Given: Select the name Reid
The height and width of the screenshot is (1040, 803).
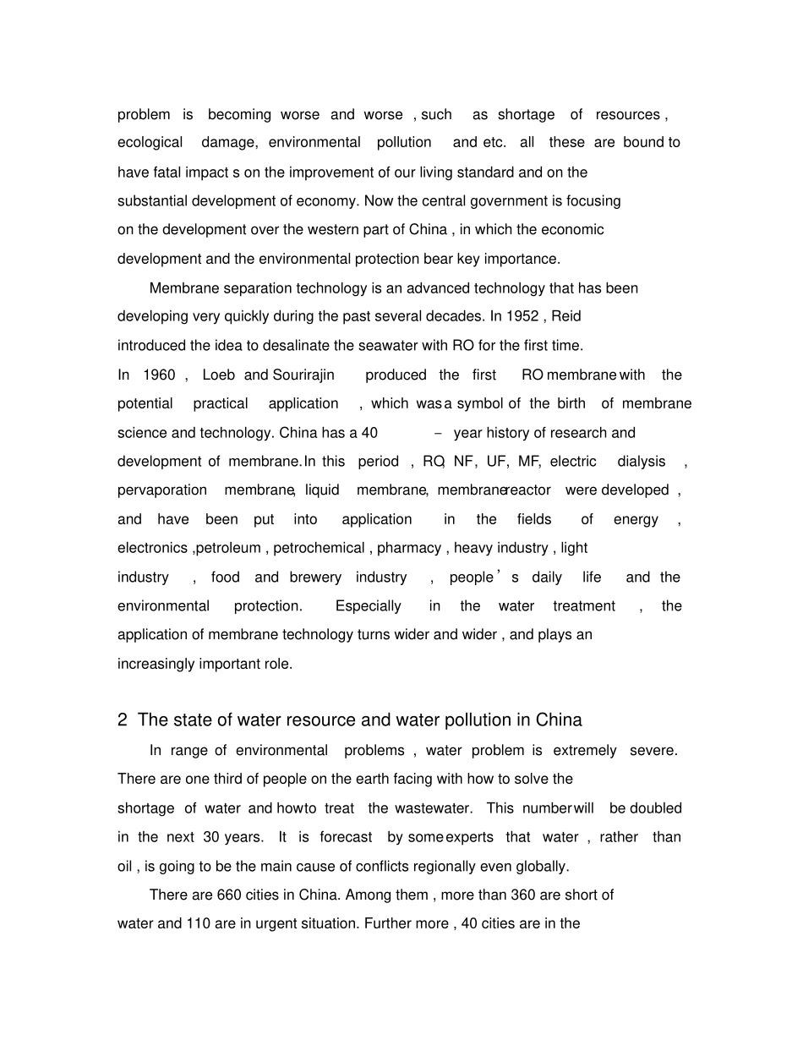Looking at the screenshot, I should [x=565, y=316].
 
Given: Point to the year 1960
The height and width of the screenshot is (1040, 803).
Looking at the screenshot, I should [x=159, y=375].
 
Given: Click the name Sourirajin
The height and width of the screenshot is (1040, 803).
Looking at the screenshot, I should [x=303, y=375].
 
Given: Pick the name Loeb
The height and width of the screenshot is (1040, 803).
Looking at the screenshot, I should [x=219, y=375].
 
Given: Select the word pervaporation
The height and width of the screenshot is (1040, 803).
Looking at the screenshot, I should [x=162, y=490].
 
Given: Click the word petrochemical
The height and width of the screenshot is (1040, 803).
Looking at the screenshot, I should [x=319, y=548].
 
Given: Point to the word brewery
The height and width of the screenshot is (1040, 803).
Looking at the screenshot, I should [x=315, y=577].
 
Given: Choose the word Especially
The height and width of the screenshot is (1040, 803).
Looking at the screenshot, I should [x=368, y=605].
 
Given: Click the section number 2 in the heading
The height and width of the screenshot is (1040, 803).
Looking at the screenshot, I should [x=123, y=720].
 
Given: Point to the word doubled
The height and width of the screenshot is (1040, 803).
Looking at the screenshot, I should [x=656, y=807].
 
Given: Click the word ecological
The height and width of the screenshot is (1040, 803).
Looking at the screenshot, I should [x=150, y=142].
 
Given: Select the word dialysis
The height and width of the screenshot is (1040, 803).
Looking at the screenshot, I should [x=642, y=461].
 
